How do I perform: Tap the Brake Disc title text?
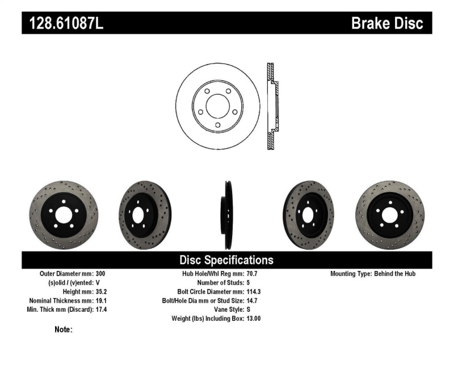coord(387,23)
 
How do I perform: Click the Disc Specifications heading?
coord(226,260)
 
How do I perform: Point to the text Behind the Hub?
coord(395,274)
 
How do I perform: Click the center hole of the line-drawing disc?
coord(217,106)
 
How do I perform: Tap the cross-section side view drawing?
coord(272,106)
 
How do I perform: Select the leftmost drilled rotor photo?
coord(63,215)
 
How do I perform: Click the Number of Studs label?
coord(220,282)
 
